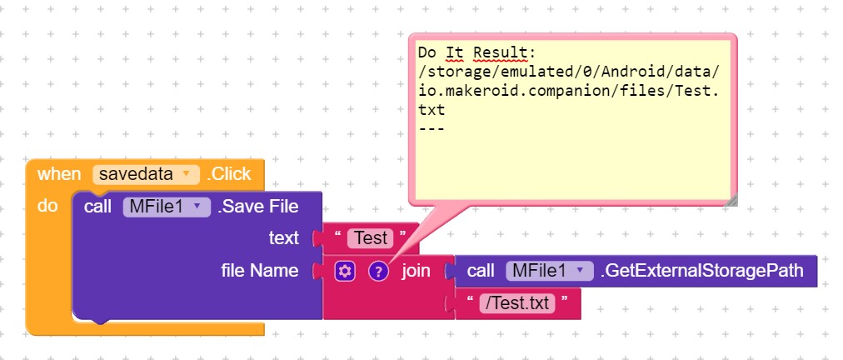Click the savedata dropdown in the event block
(x=146, y=174)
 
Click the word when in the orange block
(x=59, y=174)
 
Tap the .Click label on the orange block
(x=229, y=174)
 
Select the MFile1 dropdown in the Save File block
(x=167, y=207)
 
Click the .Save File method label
(x=258, y=207)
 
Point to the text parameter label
(x=283, y=237)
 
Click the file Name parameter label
(x=260, y=270)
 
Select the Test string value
(x=371, y=238)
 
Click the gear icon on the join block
(x=344, y=271)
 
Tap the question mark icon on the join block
(x=378, y=271)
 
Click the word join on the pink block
(x=417, y=271)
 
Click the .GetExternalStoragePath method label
(x=701, y=271)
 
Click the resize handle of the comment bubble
(x=731, y=200)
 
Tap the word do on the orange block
(x=47, y=206)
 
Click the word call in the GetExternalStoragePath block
(x=481, y=271)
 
